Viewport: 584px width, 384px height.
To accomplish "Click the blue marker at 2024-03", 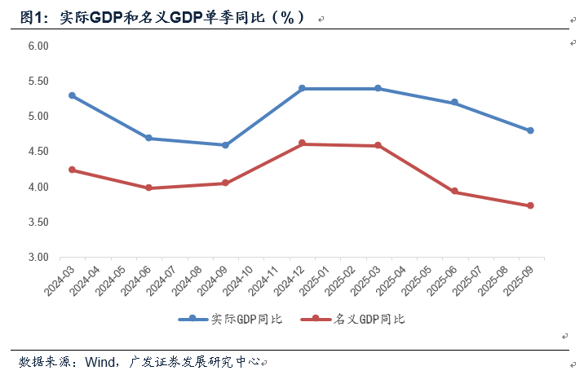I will (x=72, y=95).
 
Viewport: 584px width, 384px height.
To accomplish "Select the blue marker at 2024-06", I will (x=148, y=138).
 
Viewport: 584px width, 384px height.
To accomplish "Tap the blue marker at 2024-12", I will (x=302, y=88).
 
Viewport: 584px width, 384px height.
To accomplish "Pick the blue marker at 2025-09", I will (x=531, y=130).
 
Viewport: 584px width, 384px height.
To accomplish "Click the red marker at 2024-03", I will (x=72, y=170).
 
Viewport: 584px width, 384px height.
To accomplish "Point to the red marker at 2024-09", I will (x=225, y=183).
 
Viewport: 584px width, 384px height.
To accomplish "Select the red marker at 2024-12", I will (x=302, y=143).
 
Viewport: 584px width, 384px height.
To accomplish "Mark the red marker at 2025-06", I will (x=454, y=192).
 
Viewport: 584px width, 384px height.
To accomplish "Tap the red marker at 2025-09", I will (x=531, y=205).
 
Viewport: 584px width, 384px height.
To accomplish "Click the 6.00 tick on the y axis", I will (x=38, y=46).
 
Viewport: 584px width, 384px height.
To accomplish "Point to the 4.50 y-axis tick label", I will (x=38, y=152).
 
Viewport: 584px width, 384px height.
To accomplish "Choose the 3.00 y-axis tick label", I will (x=38, y=257).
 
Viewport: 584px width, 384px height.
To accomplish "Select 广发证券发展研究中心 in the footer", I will (x=194, y=361).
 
